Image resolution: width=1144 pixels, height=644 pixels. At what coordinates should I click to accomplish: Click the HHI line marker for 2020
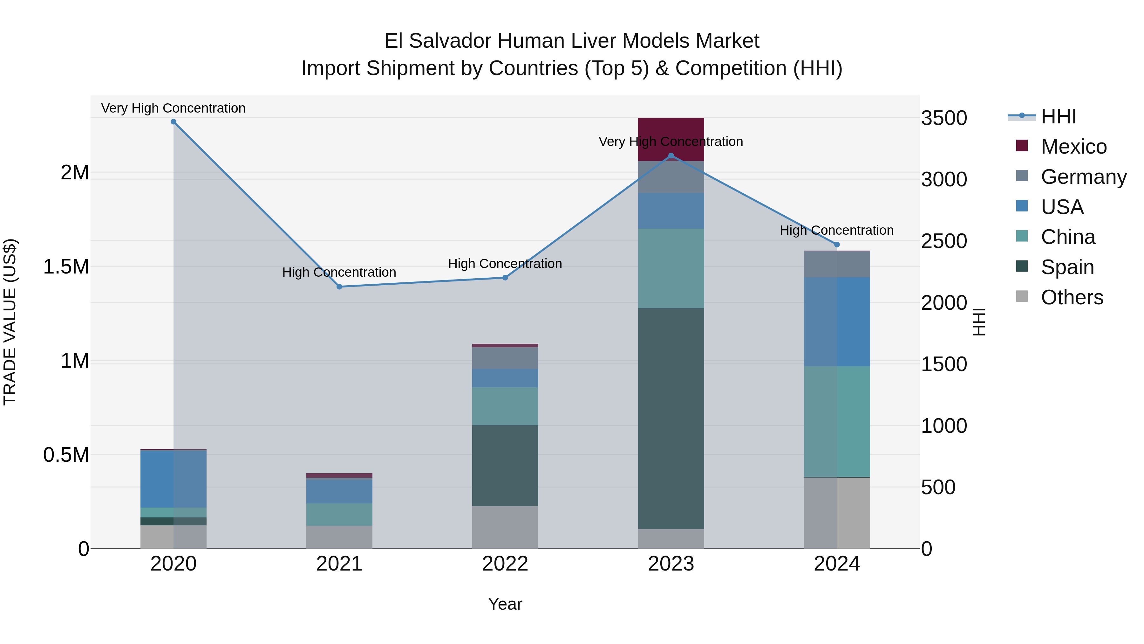click(174, 122)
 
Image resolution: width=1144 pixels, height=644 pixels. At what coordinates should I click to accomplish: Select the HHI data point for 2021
click(339, 287)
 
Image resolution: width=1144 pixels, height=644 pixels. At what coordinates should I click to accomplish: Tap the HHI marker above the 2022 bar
click(505, 278)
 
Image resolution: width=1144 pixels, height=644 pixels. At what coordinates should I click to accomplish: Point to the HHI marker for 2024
click(837, 245)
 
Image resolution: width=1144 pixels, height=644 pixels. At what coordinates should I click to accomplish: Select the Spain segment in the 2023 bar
click(671, 418)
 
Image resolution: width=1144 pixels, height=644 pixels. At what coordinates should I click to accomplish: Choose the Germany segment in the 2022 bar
click(505, 358)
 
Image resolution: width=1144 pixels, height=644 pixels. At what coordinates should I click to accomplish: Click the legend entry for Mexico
click(1073, 147)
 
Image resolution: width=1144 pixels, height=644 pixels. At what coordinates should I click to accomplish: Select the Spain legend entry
click(1067, 267)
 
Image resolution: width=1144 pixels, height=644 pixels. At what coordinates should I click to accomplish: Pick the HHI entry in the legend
click(1058, 116)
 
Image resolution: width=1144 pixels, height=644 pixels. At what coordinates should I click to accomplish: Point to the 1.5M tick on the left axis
click(66, 267)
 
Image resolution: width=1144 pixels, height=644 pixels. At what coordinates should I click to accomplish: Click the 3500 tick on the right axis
click(944, 118)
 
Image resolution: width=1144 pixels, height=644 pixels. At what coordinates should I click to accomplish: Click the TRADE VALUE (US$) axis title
click(10, 322)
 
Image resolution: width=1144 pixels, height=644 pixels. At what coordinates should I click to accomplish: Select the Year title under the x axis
click(505, 604)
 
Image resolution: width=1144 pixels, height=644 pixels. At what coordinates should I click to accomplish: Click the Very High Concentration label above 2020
click(173, 108)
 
